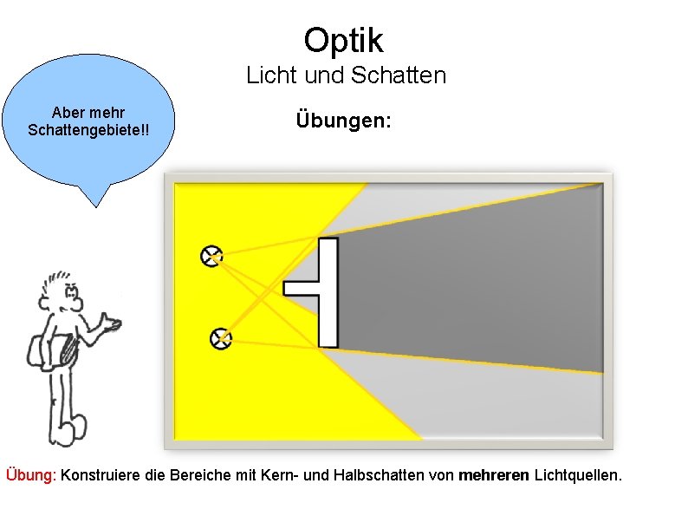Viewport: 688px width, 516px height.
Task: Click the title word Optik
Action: [343, 39]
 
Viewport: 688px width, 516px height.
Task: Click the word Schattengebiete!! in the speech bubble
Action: [88, 129]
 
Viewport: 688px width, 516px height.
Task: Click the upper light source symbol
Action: [211, 255]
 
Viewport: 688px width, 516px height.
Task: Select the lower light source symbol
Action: [222, 337]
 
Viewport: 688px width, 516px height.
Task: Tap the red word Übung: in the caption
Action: [31, 475]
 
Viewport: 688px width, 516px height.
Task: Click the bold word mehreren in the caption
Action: [494, 475]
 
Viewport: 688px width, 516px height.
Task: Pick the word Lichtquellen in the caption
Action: [576, 475]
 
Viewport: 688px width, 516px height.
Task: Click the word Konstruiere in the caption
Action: [99, 475]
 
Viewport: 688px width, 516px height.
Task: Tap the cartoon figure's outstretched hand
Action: [110, 325]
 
